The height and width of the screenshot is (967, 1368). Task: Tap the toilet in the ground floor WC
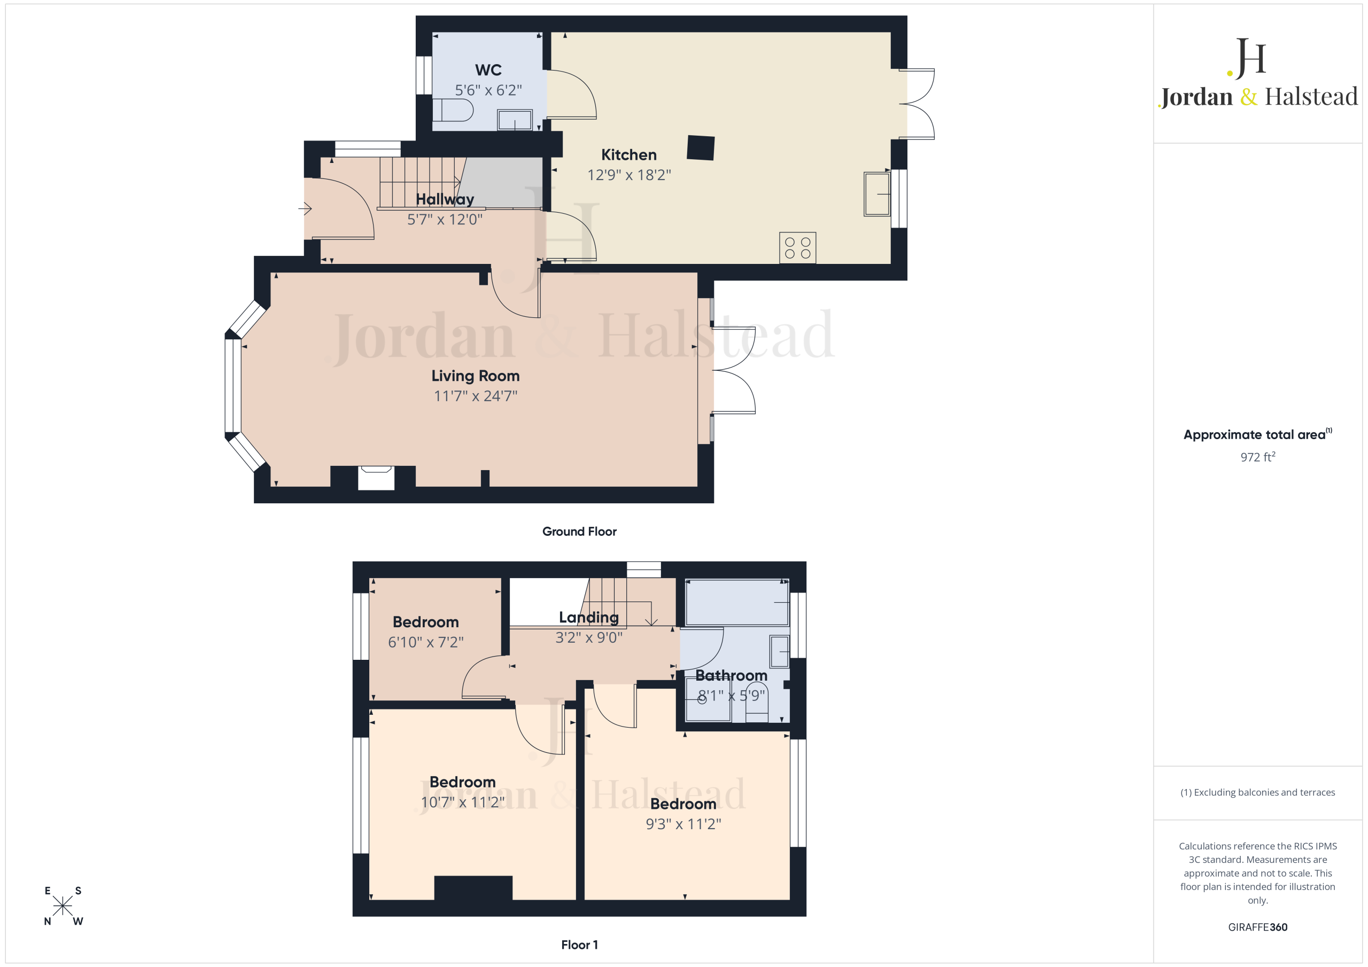[x=453, y=110]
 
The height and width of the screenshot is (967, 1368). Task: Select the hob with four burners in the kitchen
[x=797, y=248]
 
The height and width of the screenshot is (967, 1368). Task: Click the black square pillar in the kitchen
[x=701, y=148]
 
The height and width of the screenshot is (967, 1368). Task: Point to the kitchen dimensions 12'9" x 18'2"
[x=629, y=175]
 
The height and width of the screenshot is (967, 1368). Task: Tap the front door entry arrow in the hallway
[x=305, y=208]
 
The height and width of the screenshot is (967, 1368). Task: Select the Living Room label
[x=476, y=376]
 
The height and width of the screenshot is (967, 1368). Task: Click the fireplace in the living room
[x=376, y=478]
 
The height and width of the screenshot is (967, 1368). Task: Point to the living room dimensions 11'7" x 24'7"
[x=476, y=396]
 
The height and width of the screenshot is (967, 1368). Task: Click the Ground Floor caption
[x=579, y=532]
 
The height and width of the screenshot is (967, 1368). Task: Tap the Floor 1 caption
[x=579, y=945]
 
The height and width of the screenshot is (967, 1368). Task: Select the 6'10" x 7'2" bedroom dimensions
[x=425, y=642]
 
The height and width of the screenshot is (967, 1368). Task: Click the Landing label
[x=589, y=618]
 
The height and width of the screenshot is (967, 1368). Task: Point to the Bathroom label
[x=731, y=676]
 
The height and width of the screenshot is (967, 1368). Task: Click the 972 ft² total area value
[x=1257, y=457]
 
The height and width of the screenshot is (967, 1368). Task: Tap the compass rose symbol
[x=63, y=906]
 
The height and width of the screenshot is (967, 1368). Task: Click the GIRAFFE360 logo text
[x=1257, y=927]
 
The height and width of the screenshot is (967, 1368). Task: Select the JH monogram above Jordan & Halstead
[x=1247, y=58]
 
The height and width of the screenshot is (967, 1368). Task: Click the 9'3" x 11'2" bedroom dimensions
[x=683, y=824]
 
